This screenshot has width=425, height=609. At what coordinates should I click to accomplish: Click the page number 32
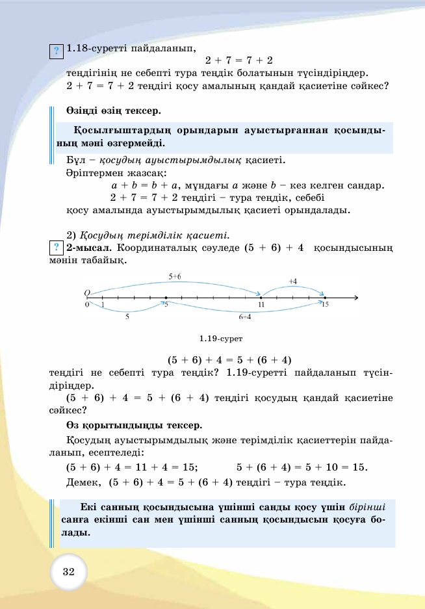tap(69, 573)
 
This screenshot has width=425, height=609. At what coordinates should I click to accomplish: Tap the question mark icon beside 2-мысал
tap(56, 248)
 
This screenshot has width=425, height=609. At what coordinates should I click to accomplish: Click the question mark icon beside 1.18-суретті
tap(57, 49)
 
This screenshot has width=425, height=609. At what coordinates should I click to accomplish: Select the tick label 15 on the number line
tap(326, 304)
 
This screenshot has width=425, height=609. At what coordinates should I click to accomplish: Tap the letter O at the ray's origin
tap(86, 293)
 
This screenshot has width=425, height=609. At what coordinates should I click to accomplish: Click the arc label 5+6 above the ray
tap(175, 276)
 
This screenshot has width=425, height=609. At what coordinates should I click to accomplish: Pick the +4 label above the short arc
tap(292, 281)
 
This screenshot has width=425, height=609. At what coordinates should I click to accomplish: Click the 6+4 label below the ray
tap(245, 317)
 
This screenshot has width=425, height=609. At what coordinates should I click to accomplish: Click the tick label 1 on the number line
tap(103, 304)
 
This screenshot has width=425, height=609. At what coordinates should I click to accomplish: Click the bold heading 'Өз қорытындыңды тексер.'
tap(135, 426)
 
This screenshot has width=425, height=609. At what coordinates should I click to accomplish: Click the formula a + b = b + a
tap(146, 185)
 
